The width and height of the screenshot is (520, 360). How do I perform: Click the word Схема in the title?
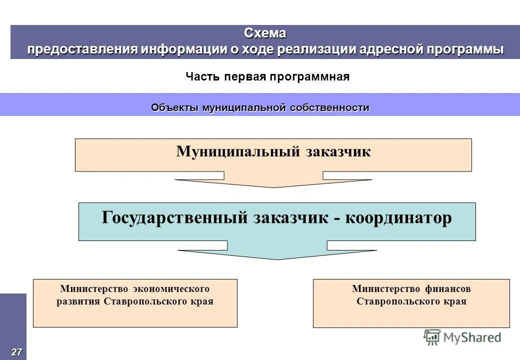pos(265,33)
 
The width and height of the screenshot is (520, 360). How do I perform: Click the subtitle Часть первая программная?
pos(267,76)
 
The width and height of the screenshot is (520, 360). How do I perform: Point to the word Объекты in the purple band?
pos(174,107)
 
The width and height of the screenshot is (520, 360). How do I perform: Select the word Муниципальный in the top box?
pos(237,151)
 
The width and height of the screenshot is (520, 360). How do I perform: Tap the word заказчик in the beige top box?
pos(338,151)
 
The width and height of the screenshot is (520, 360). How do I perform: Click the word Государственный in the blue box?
pos(174,218)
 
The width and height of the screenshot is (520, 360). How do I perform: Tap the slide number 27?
pos(16,352)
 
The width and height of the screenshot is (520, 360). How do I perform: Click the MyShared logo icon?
pos(431,337)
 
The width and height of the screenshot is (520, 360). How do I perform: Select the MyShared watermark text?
pos(471,337)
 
